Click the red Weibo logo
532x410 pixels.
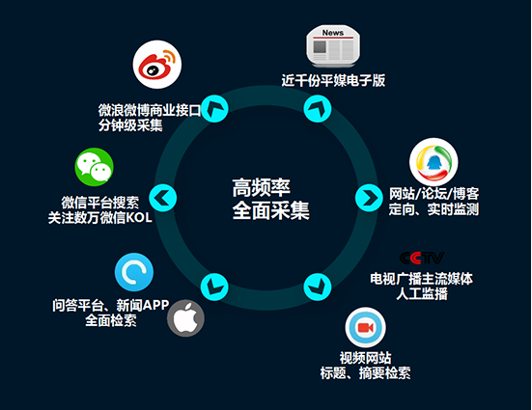click(x=157, y=65)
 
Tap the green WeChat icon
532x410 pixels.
click(x=94, y=167)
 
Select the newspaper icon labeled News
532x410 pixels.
click(x=333, y=45)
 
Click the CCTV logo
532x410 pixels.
click(x=422, y=259)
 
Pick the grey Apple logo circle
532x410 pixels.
click(x=185, y=318)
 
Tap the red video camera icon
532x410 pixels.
click(x=365, y=328)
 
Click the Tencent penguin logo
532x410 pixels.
click(x=434, y=162)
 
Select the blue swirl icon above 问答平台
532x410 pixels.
click(x=134, y=272)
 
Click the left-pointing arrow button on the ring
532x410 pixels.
click(x=163, y=198)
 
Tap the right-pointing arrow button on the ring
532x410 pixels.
click(x=369, y=198)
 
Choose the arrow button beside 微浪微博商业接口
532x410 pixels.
click(x=214, y=108)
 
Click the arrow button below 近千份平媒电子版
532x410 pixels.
click(x=318, y=108)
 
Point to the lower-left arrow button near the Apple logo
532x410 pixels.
click(x=214, y=287)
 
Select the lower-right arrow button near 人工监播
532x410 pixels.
click(x=318, y=287)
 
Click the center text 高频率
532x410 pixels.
click(x=262, y=187)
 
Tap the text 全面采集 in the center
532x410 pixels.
click(x=270, y=210)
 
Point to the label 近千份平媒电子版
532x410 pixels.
click(x=333, y=81)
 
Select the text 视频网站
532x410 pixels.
click(x=365, y=358)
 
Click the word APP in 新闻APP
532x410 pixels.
click(x=155, y=305)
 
